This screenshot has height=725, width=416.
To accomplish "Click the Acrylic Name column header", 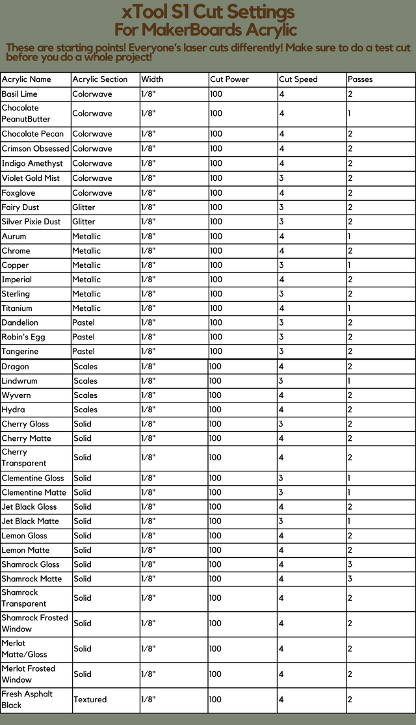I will (x=27, y=79).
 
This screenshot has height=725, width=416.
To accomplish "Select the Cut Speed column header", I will (x=298, y=79).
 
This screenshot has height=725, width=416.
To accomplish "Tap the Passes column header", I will (x=360, y=79).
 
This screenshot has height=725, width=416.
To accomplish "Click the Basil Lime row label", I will (x=19, y=94).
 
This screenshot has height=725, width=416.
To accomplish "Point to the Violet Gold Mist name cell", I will (x=31, y=178).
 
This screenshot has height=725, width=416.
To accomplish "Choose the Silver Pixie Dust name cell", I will (x=31, y=222).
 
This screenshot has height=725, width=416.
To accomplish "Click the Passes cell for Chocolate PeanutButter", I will (x=350, y=113).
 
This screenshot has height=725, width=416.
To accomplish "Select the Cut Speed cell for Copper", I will (x=282, y=265).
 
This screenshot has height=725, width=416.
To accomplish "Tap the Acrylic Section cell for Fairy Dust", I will (x=84, y=207).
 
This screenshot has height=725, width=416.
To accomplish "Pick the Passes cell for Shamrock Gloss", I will (x=350, y=564).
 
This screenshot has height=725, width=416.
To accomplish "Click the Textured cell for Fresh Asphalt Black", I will (x=90, y=700).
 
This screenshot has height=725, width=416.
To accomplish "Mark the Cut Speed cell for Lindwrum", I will (x=282, y=381).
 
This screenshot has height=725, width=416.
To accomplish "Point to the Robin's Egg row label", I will (x=23, y=337).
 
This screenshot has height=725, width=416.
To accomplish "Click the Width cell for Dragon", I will (x=149, y=367).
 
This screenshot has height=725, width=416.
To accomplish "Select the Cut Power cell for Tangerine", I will (x=216, y=352).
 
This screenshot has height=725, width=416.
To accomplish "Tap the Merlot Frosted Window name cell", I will (x=29, y=674).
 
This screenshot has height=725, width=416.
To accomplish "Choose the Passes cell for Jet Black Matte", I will (x=350, y=521).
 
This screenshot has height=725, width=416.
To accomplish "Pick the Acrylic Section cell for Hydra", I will (x=85, y=410).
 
